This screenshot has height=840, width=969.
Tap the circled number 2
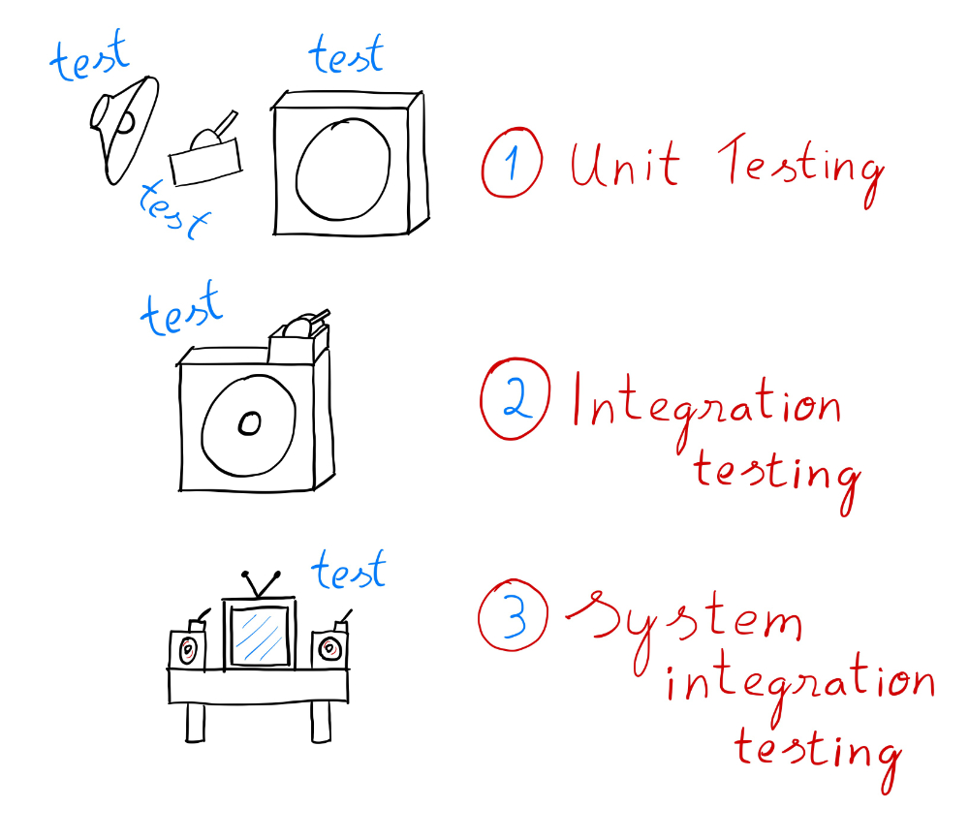515,400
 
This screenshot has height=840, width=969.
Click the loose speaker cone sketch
124,124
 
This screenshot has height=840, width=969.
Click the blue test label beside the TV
348,572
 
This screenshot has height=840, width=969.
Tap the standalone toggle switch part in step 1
206,155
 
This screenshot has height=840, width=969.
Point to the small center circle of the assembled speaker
249,423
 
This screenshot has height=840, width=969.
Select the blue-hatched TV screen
259,637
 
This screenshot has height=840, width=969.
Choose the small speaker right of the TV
330,647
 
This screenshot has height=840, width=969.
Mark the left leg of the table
197,723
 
